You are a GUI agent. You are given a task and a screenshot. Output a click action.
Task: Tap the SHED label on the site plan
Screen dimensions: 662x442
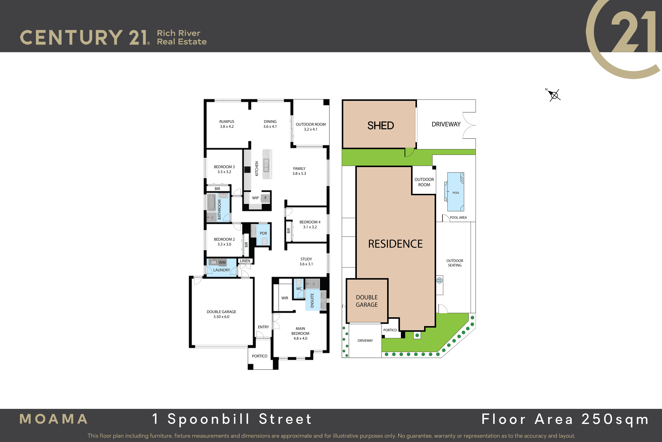(x=380, y=125)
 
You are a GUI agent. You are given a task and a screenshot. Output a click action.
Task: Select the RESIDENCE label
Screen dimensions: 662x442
(x=395, y=244)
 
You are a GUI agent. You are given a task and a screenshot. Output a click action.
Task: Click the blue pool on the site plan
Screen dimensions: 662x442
(x=456, y=192)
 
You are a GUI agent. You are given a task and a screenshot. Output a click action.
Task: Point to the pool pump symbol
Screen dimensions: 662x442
(x=439, y=280)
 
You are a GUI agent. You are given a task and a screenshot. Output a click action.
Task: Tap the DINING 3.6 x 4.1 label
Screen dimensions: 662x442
(x=270, y=124)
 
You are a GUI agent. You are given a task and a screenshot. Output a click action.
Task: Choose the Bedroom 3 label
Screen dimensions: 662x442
(x=224, y=169)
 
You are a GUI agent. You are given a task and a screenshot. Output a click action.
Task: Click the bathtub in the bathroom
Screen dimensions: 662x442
(x=211, y=202)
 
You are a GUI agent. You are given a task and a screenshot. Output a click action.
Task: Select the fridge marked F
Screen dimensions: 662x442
(x=265, y=198)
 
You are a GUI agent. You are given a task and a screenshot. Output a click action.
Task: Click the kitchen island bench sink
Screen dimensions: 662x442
(x=266, y=165)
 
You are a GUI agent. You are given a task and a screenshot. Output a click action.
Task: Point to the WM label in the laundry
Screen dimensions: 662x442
(x=222, y=263)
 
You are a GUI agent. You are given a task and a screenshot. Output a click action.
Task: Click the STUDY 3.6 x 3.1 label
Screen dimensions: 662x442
(x=306, y=262)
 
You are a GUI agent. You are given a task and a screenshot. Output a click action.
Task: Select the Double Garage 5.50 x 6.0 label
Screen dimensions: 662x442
(x=221, y=314)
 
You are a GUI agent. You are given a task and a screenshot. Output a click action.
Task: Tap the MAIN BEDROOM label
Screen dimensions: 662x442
(x=300, y=333)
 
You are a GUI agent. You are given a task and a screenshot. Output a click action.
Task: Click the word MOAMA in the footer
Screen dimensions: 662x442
(x=53, y=419)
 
